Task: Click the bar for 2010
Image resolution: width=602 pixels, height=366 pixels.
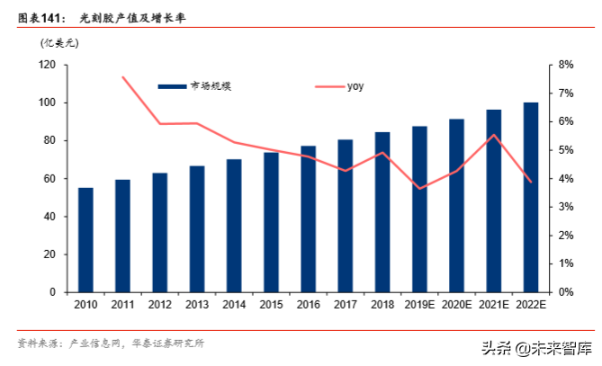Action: tap(85, 240)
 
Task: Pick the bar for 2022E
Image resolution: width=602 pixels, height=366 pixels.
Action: tap(531, 197)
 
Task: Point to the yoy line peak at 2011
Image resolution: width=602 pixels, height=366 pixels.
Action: tap(122, 76)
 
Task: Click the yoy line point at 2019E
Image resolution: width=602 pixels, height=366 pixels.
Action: tap(419, 188)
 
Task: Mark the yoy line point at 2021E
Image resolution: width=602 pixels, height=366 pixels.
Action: tap(494, 135)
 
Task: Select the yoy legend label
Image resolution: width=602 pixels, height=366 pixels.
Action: tap(355, 86)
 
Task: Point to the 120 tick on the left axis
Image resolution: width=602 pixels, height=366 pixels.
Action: tap(47, 65)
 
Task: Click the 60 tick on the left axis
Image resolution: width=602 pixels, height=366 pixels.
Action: tap(49, 179)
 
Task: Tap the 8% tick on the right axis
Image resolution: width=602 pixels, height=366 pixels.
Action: tap(566, 65)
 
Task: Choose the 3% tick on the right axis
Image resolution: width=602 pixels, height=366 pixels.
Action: tap(566, 207)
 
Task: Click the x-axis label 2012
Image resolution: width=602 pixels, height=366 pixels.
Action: tap(159, 306)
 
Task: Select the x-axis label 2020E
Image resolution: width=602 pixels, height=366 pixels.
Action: tap(456, 306)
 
